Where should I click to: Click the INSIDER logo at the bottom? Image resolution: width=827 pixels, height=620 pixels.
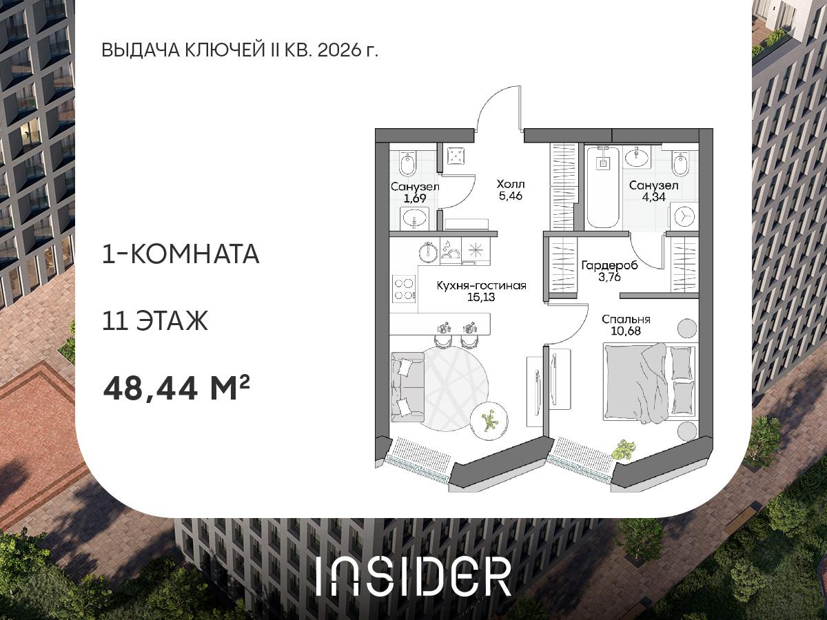tap(413, 576)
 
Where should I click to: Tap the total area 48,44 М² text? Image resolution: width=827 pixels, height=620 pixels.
tap(176, 389)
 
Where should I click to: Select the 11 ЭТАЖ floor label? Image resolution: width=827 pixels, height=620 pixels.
tap(154, 321)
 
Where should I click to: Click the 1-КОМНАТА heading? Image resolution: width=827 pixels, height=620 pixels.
tap(181, 254)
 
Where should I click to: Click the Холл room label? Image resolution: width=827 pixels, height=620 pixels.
tap(511, 184)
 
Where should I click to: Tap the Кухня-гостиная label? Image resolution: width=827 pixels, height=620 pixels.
tap(482, 286)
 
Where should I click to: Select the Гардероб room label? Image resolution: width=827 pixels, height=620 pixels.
tap(609, 266)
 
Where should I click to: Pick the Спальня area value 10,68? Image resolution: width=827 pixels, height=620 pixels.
tap(626, 332)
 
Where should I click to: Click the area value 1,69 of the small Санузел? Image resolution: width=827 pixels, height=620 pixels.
tap(415, 198)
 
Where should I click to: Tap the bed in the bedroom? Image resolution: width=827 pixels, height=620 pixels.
tap(650, 383)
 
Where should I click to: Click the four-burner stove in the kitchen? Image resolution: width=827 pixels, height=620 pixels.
tap(404, 288)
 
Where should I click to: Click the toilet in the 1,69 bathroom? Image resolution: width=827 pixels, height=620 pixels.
tap(407, 165)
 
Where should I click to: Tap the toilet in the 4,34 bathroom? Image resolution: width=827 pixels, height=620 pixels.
tap(681, 165)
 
